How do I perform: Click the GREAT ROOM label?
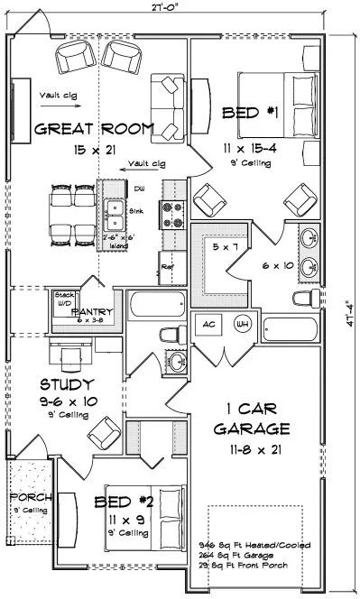[x=94, y=129]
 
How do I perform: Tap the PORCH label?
[x=29, y=498]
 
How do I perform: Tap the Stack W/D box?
[x=63, y=299]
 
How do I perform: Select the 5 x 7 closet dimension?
[x=219, y=245]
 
